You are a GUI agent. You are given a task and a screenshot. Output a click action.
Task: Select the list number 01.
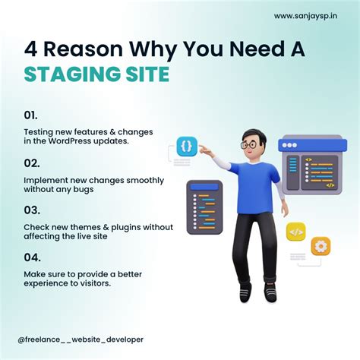(30, 116)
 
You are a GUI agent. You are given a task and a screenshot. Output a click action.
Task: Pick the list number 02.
(30, 163)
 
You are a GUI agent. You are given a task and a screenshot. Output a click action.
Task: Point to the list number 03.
(31, 210)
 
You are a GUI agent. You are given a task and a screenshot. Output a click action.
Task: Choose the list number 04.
(31, 257)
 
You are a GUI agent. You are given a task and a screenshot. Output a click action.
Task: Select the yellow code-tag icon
(297, 232)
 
